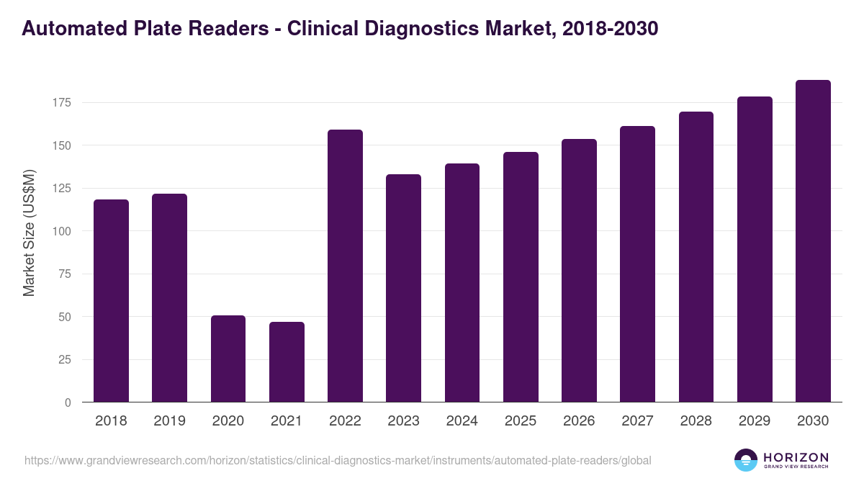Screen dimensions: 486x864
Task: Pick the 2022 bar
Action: coord(345,266)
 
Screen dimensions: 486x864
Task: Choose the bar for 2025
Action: coord(521,277)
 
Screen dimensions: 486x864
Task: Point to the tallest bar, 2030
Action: coord(813,241)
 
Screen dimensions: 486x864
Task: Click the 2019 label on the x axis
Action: coord(170,421)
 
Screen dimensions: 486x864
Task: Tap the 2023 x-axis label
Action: coord(403,421)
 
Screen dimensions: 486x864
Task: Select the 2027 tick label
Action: coord(637,421)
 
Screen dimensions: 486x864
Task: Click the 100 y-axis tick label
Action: coord(62,231)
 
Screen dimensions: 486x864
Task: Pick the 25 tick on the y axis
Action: coord(65,360)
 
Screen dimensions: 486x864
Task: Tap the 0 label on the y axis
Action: coord(68,402)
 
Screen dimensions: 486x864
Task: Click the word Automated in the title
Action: coord(69,28)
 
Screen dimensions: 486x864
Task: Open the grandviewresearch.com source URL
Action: coord(338,460)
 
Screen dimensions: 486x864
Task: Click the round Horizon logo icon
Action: coord(746,460)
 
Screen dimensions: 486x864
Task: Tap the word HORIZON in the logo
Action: coord(796,456)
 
